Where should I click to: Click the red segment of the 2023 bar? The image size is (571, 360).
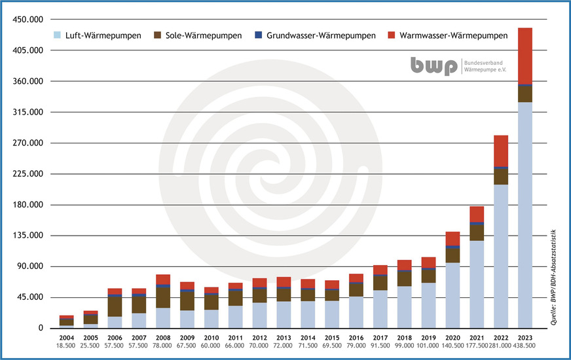tap(525, 56)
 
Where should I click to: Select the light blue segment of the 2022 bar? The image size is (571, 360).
tap(501, 255)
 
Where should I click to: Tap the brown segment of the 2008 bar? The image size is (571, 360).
tap(163, 298)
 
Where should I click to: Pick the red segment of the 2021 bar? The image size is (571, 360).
tap(477, 214)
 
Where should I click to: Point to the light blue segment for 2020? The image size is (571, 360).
tap(452, 295)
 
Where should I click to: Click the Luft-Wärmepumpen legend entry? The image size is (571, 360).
tap(96, 35)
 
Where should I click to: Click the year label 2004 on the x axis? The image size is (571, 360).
tap(66, 337)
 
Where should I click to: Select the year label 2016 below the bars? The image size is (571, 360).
tap(356, 337)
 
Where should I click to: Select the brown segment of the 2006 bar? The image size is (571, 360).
tap(115, 306)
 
